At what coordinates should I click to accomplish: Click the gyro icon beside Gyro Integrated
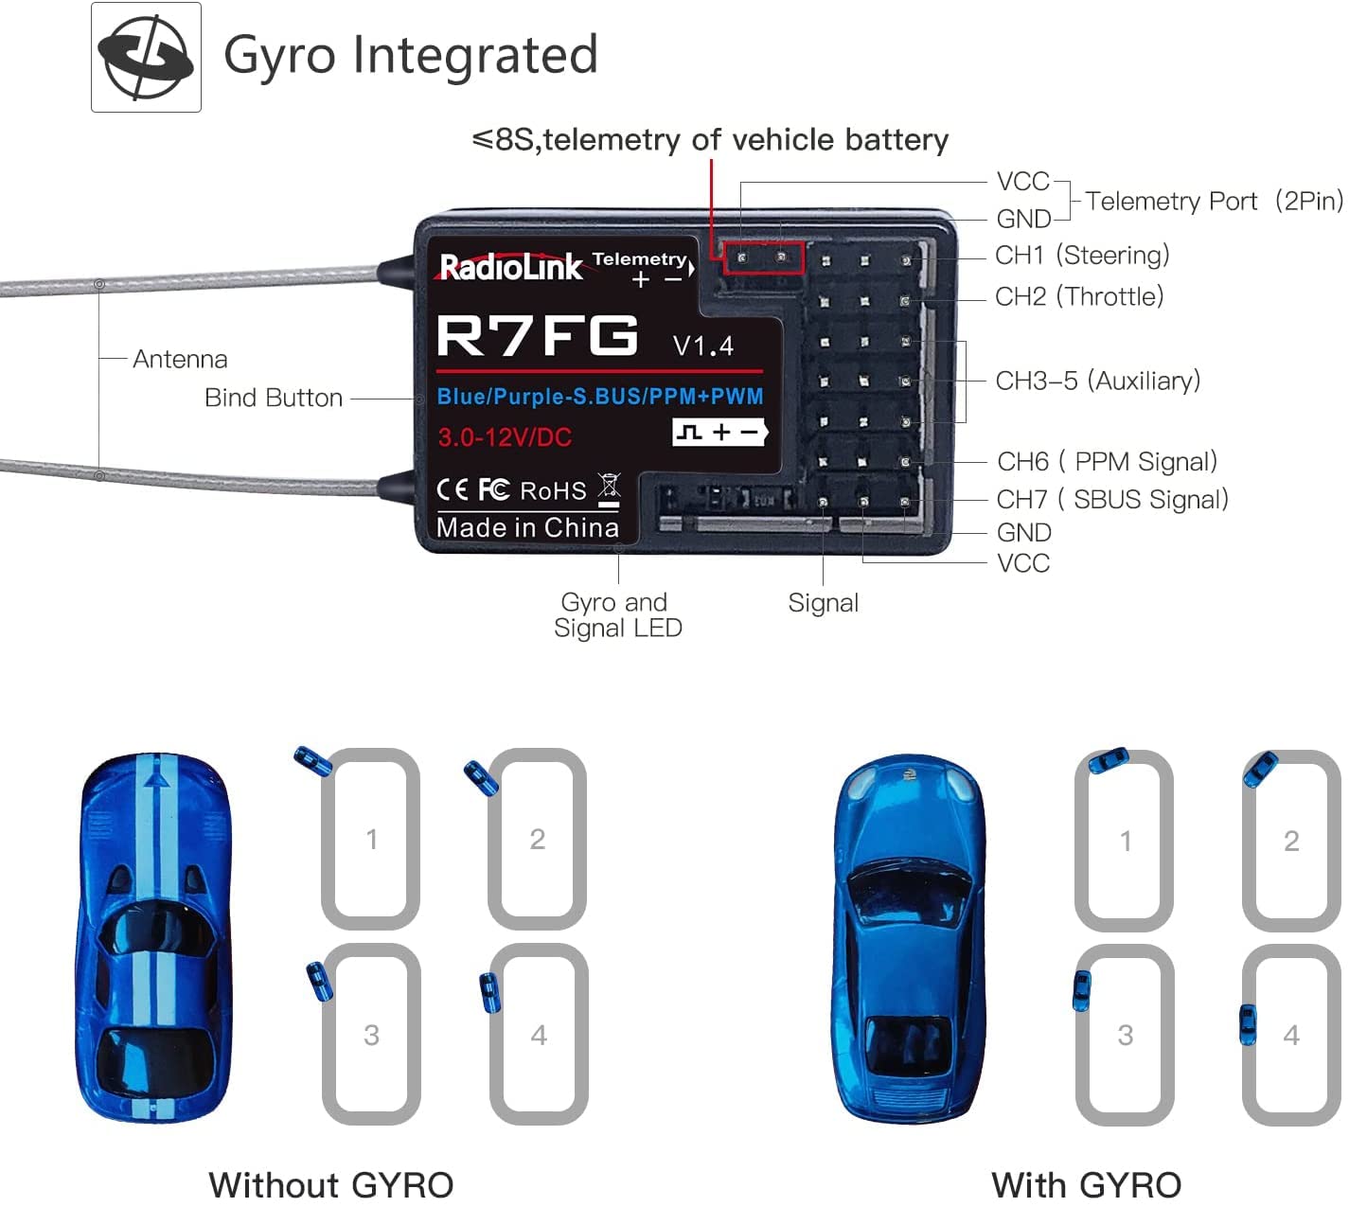(x=146, y=57)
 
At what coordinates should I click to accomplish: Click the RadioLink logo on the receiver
(x=510, y=267)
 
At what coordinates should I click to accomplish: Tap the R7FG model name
(x=537, y=335)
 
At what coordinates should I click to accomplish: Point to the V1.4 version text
(x=702, y=346)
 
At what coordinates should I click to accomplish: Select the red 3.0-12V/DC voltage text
(x=505, y=437)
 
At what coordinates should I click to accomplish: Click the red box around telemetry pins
(x=763, y=257)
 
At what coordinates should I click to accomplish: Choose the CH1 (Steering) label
(x=1082, y=256)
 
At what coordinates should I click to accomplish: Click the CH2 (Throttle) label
(x=1079, y=297)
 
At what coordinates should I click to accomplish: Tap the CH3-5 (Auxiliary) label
(x=1097, y=381)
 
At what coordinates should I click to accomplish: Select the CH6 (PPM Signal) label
(x=1107, y=462)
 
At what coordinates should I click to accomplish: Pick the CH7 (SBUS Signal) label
(x=1112, y=500)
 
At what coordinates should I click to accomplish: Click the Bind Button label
(x=274, y=398)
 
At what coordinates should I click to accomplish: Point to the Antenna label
(x=180, y=360)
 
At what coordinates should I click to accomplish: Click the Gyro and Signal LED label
(x=617, y=615)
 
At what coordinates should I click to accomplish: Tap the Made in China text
(x=527, y=528)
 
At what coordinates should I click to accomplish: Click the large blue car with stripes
(x=154, y=937)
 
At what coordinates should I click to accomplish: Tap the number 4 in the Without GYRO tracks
(x=539, y=1035)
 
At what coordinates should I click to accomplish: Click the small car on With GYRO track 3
(x=1081, y=990)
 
